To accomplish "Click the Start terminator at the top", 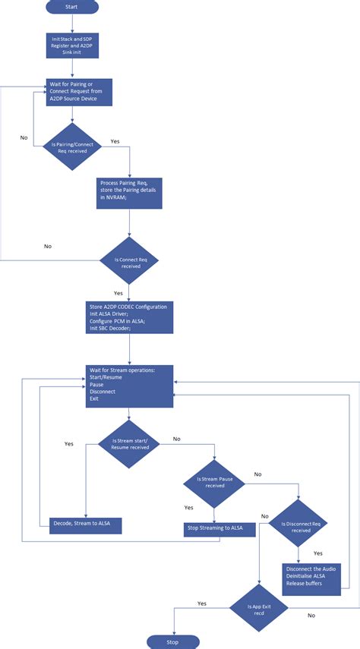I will click(71, 6).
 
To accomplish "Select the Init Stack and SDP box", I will click(71, 46).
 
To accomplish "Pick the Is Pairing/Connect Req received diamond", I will click(71, 146).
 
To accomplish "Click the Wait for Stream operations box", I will click(129, 387).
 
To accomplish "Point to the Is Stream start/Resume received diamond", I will click(129, 444).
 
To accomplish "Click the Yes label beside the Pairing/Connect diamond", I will click(115, 141).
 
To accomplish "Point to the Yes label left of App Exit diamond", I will click(201, 603).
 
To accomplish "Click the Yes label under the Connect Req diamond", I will click(118, 292).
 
